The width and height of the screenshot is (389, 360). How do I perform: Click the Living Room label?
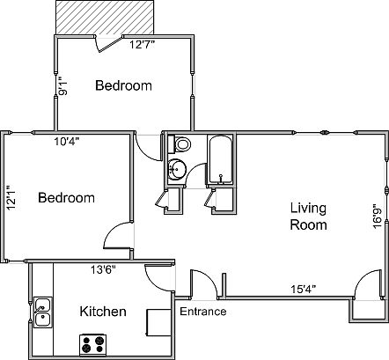tap(308, 217)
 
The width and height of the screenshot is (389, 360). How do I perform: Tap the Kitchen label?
tap(103, 312)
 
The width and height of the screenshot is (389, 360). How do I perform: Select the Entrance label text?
tap(202, 312)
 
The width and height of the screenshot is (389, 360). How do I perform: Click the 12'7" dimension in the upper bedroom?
tap(143, 45)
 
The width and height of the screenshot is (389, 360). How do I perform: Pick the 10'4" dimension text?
tap(66, 142)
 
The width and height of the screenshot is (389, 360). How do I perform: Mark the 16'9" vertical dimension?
tap(377, 216)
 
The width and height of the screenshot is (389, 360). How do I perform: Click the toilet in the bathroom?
tap(182, 143)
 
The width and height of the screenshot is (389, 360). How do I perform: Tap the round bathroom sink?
tap(177, 169)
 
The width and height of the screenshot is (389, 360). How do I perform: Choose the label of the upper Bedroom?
tap(123, 86)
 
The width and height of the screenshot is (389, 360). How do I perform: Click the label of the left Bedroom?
tap(66, 198)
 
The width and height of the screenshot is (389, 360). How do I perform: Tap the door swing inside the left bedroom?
tap(117, 237)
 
